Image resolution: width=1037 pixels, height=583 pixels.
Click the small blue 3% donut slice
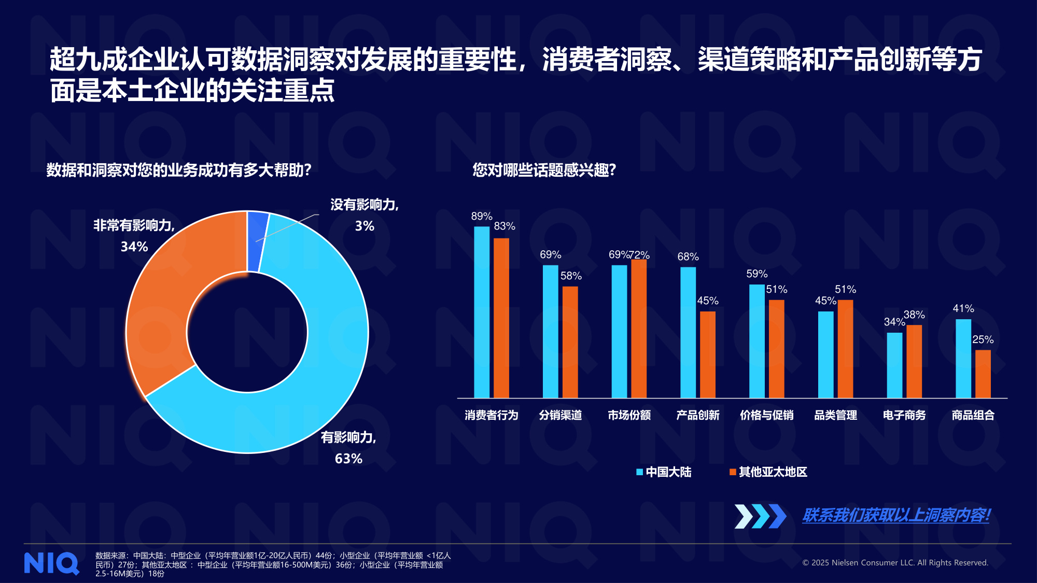tap(257, 241)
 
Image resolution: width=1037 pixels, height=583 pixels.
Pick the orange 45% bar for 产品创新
tap(707, 354)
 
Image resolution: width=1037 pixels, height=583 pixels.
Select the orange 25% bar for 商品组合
tap(983, 374)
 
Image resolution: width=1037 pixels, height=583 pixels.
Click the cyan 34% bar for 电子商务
tap(894, 365)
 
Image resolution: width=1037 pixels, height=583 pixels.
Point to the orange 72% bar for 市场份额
tap(639, 329)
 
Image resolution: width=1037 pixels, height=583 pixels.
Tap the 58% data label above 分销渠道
tap(571, 276)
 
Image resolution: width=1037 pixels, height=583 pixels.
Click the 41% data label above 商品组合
tap(963, 309)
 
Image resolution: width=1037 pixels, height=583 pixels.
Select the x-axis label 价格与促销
tap(766, 415)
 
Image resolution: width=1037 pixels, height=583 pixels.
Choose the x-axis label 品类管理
tap(835, 415)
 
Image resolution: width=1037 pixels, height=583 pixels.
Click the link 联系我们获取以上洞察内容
tap(896, 515)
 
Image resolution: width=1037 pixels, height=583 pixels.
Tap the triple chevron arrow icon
tap(760, 516)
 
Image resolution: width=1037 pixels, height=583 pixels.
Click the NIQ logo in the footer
tap(51, 563)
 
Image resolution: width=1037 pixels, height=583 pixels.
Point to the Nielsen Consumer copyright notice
tap(895, 563)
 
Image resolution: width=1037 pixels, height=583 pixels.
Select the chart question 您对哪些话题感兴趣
tap(544, 170)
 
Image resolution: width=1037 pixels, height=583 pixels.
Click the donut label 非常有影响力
tap(134, 225)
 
